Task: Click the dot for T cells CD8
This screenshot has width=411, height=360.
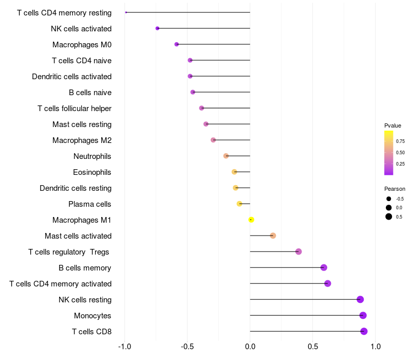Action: [364, 331]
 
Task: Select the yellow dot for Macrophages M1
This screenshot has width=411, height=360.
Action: [251, 220]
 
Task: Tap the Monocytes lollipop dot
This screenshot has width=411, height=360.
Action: [363, 315]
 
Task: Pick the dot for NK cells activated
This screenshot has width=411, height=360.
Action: [157, 28]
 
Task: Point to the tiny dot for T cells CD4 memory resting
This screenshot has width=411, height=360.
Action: [126, 12]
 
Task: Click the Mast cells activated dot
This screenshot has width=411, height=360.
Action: [273, 236]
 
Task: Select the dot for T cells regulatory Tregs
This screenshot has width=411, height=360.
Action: [298, 251]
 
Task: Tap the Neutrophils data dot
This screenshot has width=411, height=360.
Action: [226, 156]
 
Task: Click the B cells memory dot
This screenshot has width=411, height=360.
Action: [324, 267]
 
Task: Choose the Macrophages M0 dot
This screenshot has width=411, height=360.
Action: [176, 44]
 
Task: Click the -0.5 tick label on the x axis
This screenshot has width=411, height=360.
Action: [187, 347]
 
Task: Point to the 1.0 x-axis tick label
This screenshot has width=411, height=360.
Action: [376, 347]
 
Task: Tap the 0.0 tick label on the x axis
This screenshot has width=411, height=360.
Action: [250, 347]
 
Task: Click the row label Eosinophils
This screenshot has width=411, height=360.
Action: [92, 172]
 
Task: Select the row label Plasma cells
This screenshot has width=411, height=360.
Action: [89, 204]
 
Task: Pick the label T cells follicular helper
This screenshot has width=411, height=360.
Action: [74, 109]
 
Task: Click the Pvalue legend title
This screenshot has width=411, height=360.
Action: [393, 125]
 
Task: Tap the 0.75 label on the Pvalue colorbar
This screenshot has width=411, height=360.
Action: [400, 141]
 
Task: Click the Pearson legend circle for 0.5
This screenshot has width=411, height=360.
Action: [389, 217]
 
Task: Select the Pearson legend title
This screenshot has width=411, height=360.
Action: [395, 189]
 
